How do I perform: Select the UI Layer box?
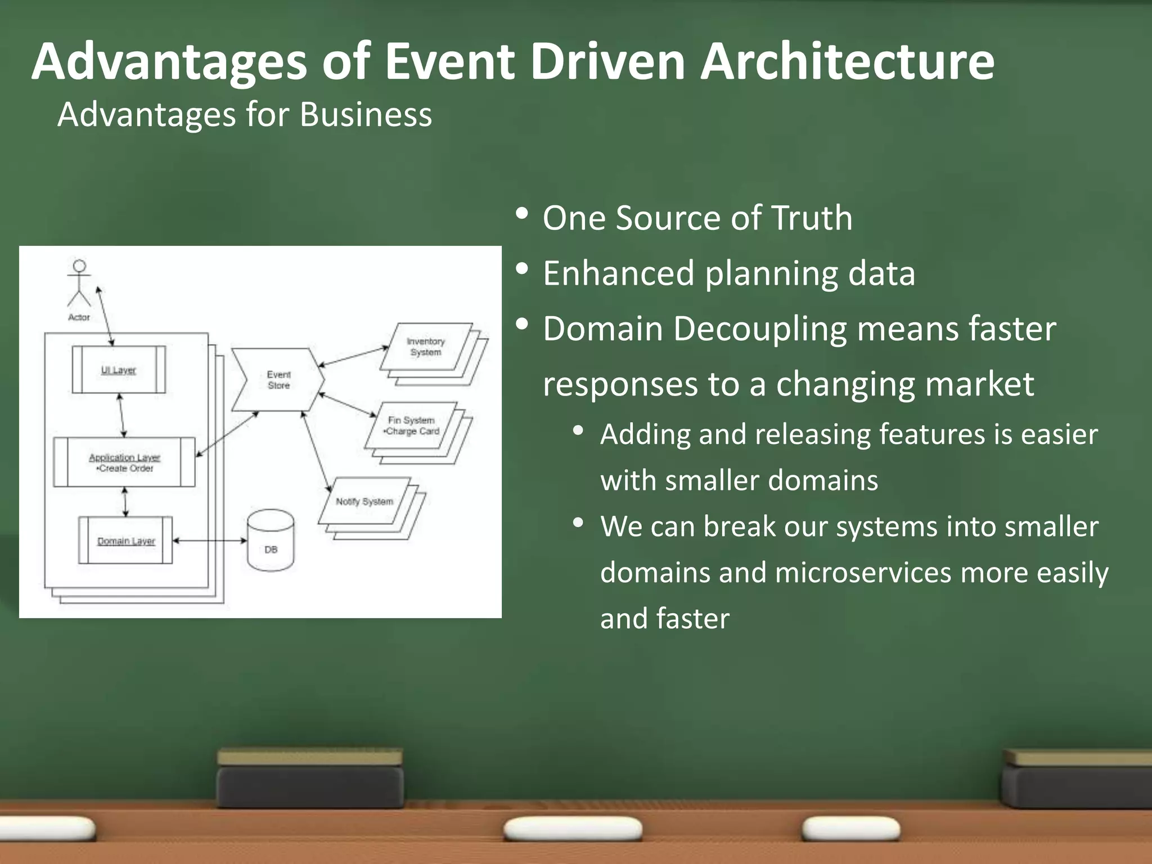[x=119, y=370]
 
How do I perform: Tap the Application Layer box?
[x=124, y=462]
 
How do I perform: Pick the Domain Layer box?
[x=125, y=541]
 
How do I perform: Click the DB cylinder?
[x=271, y=541]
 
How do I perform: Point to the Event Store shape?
[x=278, y=380]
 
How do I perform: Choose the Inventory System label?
[x=426, y=346]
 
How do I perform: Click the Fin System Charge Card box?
[x=412, y=426]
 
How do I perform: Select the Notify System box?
[x=364, y=501]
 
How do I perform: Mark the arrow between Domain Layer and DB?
[x=209, y=541]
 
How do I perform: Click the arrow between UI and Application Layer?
[x=121, y=415]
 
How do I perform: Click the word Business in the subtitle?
[x=366, y=115]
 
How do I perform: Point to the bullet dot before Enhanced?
[x=521, y=269]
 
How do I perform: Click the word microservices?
[x=863, y=573]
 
